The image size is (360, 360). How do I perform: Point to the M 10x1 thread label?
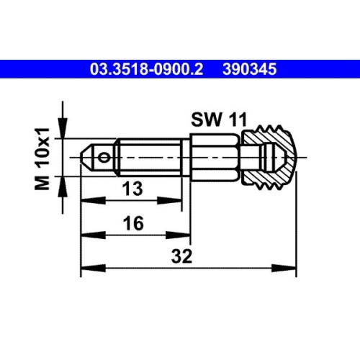44,156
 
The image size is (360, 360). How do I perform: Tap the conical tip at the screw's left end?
86,156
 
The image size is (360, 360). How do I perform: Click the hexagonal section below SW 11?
216,156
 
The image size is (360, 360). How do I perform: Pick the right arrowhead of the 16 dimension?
186,235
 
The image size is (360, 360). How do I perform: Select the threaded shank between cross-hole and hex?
148,156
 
